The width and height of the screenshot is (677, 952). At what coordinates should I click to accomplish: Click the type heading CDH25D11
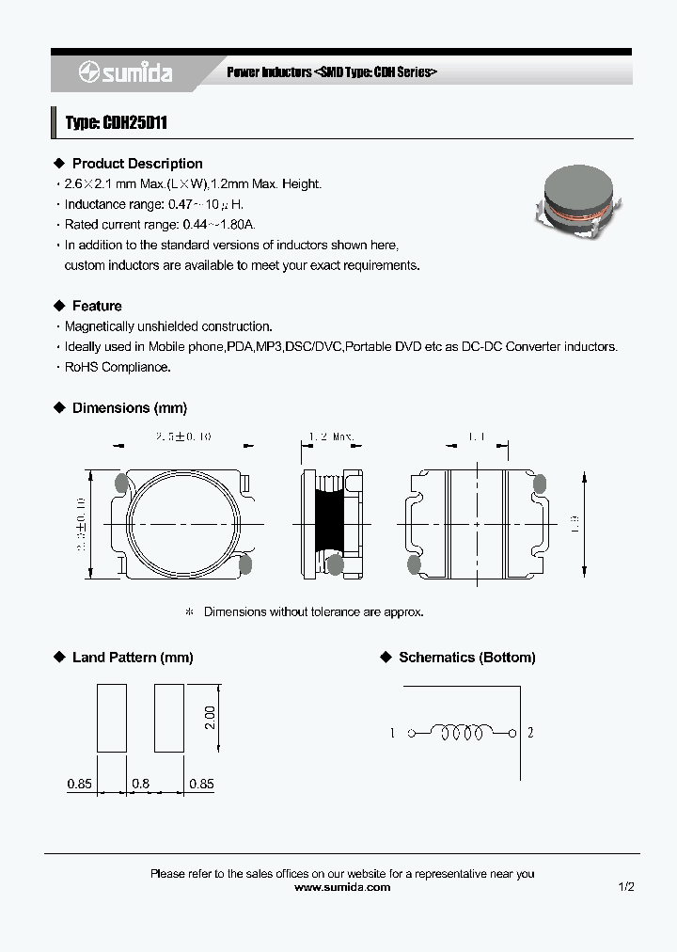point(117,123)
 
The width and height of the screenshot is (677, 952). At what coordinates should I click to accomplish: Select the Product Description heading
point(137,164)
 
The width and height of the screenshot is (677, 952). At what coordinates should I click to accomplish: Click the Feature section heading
point(97,306)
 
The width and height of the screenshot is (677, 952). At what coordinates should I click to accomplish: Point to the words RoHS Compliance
point(118,367)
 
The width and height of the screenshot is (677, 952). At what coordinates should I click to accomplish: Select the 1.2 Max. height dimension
point(332,436)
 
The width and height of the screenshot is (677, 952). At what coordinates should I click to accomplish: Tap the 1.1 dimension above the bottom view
point(476,436)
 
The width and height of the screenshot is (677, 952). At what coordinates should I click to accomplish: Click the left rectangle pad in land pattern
point(111,717)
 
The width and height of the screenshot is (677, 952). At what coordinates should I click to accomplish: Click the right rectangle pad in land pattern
point(169,717)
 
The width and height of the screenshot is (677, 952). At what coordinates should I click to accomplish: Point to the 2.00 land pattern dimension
point(211,717)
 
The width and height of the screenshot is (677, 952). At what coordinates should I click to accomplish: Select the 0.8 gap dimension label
point(140,783)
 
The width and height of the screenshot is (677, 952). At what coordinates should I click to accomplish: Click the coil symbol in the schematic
point(461,733)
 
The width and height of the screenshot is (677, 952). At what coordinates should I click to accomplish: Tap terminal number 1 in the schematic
point(392,734)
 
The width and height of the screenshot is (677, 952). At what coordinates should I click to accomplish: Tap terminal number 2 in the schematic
point(530,734)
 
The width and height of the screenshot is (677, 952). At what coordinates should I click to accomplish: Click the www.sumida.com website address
point(342,887)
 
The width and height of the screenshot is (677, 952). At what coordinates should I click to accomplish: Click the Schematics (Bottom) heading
point(467,658)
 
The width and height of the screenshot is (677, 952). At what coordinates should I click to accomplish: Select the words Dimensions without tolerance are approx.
point(314,611)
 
